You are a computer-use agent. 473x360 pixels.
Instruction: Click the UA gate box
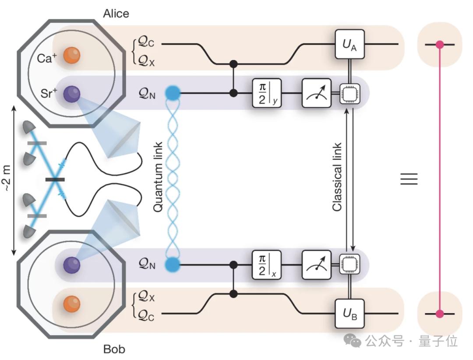[x=350, y=44]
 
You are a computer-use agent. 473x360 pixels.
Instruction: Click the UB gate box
[x=350, y=314]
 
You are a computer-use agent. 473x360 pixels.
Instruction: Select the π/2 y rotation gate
[x=267, y=93]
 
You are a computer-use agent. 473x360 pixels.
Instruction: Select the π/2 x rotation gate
[x=267, y=265]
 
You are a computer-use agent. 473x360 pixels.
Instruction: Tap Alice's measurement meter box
[x=317, y=93]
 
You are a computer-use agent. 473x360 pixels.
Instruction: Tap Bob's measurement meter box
[x=317, y=265]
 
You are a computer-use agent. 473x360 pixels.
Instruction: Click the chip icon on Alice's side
[x=350, y=93]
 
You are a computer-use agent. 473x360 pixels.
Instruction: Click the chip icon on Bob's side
[x=350, y=265]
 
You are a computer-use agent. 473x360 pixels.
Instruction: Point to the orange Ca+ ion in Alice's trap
[x=72, y=56]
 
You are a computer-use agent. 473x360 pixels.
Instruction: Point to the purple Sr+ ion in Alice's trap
[x=72, y=94]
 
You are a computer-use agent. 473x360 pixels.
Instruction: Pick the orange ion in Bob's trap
[x=72, y=304]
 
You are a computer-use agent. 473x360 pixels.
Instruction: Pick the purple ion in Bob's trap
[x=72, y=265]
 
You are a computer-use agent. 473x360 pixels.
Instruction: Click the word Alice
[x=116, y=14]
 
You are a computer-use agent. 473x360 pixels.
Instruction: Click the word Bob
[x=114, y=349]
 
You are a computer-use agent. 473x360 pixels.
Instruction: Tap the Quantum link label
[x=158, y=177]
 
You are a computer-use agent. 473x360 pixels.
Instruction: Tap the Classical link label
[x=337, y=177]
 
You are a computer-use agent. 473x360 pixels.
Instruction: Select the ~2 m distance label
[x=7, y=178]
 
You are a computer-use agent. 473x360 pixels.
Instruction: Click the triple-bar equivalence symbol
[x=409, y=179]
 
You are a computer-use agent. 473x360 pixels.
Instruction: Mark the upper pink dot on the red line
[x=440, y=45]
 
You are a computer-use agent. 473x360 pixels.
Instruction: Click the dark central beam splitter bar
[x=55, y=180]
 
